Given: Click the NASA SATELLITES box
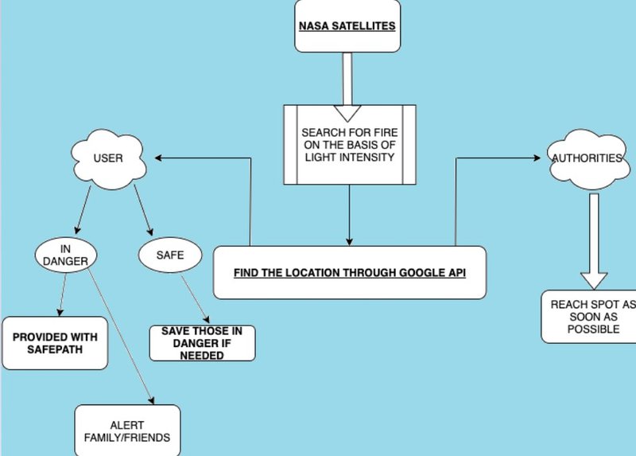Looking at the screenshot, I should pyautogui.click(x=347, y=25).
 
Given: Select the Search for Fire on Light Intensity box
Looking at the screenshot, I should pyautogui.click(x=350, y=144).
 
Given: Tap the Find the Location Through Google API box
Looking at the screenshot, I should pyautogui.click(x=349, y=273).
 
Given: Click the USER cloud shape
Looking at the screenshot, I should pyautogui.click(x=107, y=158).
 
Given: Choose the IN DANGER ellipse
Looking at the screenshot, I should pyautogui.click(x=63, y=255).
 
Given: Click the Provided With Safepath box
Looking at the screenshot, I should pyautogui.click(x=55, y=343).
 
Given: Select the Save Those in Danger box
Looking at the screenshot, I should pyautogui.click(x=203, y=343).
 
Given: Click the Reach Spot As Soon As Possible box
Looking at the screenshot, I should pyautogui.click(x=588, y=315).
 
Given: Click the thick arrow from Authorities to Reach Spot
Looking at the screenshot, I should pyautogui.click(x=593, y=239).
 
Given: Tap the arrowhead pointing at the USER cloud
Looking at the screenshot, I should pyautogui.click(x=159, y=158).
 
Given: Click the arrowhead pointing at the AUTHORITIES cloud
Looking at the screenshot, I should pyautogui.click(x=540, y=158).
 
